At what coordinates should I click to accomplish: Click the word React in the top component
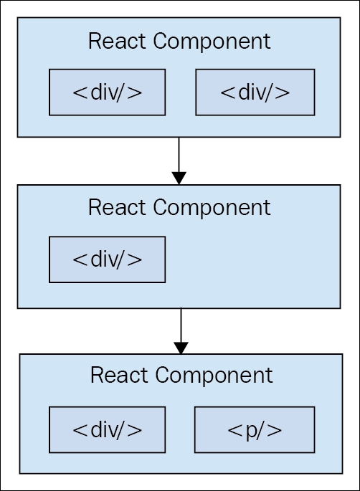[x=117, y=41]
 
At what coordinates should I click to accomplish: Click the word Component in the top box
[x=212, y=42]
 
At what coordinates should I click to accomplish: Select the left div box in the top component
[x=107, y=92]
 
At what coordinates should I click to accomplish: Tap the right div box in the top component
[x=255, y=92]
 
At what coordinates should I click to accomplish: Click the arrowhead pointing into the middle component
[x=179, y=178]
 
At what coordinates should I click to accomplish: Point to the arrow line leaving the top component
[x=179, y=155]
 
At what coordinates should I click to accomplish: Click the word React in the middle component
[x=117, y=208]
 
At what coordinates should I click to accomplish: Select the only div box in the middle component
[x=107, y=259]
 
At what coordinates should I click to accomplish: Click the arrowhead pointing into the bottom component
[x=181, y=348]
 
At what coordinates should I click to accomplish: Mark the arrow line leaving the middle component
[x=181, y=325]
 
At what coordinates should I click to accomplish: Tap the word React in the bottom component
[x=119, y=375]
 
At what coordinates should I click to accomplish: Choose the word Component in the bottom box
[x=214, y=376]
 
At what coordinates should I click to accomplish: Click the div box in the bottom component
[x=107, y=430]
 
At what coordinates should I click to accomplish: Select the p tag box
[x=255, y=430]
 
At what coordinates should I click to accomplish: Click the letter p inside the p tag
[x=251, y=432]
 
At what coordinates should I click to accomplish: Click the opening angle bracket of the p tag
[x=235, y=430]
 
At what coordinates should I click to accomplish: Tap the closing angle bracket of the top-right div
[x=283, y=92]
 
